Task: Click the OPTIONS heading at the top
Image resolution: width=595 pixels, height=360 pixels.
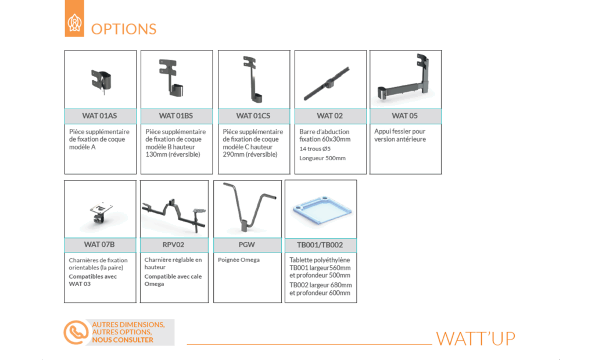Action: pyautogui.click(x=124, y=29)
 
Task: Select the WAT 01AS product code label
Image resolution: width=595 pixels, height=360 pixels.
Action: pyautogui.click(x=100, y=116)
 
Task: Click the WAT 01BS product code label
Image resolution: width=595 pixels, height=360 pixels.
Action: pyautogui.click(x=176, y=116)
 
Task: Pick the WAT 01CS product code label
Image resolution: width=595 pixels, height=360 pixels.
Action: pyautogui.click(x=253, y=116)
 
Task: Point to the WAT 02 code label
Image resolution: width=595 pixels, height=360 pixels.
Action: pyautogui.click(x=330, y=116)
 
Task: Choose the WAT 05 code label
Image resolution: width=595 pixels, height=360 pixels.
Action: pyautogui.click(x=405, y=116)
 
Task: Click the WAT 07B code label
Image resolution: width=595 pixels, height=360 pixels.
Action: pyautogui.click(x=99, y=244)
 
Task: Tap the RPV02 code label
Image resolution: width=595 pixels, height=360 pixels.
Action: pyautogui.click(x=173, y=244)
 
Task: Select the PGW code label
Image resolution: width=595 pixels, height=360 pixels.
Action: pyautogui.click(x=246, y=244)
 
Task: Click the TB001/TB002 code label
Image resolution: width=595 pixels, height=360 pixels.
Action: pyautogui.click(x=320, y=245)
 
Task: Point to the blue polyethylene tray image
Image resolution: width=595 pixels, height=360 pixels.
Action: pyautogui.click(x=322, y=210)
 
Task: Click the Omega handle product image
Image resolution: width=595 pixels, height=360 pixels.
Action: pyautogui.click(x=249, y=206)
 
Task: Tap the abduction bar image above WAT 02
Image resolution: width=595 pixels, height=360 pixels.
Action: pyautogui.click(x=327, y=84)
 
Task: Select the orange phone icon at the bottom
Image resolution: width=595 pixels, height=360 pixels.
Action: pyautogui.click(x=76, y=332)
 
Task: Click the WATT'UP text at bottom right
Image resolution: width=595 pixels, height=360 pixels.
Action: pyautogui.click(x=476, y=339)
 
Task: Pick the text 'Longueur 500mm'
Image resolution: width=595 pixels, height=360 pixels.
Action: pyautogui.click(x=322, y=158)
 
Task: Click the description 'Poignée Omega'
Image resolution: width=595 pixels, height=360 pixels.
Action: pyautogui.click(x=239, y=260)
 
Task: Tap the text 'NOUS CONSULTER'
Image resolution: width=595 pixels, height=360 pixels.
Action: pyautogui.click(x=123, y=340)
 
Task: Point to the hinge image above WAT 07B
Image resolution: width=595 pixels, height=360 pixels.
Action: pyautogui.click(x=101, y=214)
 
